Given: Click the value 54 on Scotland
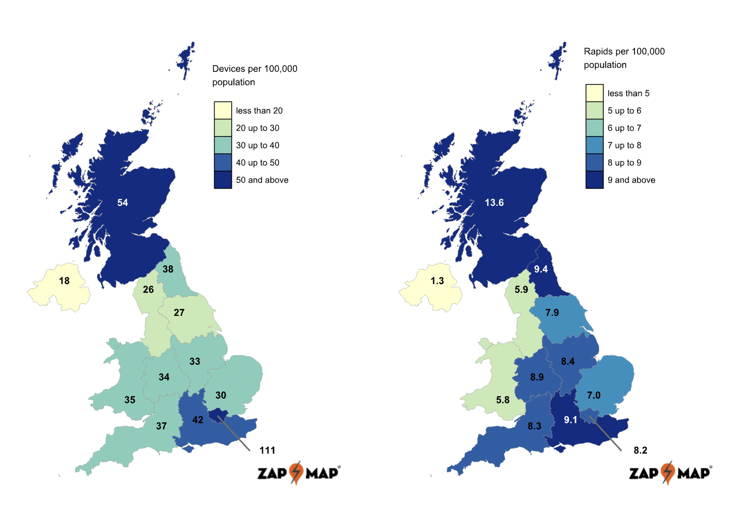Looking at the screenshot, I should [122, 203].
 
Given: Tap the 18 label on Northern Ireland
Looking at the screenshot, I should [64, 281].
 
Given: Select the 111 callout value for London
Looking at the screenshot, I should [267, 450].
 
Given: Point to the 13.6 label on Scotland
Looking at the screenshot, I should [494, 203].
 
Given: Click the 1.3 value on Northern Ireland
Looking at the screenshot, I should [437, 281].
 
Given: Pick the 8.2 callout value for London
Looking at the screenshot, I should [640, 450].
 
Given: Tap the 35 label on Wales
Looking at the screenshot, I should [130, 400].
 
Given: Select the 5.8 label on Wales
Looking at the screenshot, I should [503, 400].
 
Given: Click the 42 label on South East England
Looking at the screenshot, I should [197, 420].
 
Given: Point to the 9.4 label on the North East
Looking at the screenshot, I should [541, 269].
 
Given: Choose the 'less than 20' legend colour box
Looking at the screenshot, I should [223, 111].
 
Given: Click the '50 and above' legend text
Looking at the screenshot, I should [262, 180].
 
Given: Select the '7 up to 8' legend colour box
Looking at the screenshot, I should [594, 145].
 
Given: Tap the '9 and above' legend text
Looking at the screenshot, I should [631, 180].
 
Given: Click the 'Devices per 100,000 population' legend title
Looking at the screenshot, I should [255, 75].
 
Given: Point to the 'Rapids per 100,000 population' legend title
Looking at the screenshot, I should [624, 58].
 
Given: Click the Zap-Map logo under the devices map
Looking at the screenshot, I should [298, 473].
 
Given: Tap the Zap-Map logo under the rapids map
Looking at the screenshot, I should [670, 473].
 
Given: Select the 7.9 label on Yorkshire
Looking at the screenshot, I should [552, 313].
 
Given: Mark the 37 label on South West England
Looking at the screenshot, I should [161, 426].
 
